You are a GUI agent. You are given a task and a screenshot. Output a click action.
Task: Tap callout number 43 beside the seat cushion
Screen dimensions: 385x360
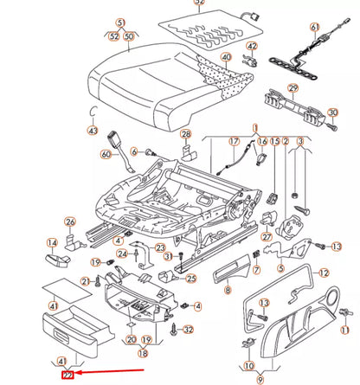tap(93, 130)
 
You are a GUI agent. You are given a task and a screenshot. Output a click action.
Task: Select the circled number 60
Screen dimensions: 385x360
tap(106, 155)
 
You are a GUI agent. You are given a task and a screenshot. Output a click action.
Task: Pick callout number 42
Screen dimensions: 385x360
tap(252, 46)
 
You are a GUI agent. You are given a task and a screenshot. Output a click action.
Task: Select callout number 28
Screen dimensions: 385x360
tap(185, 134)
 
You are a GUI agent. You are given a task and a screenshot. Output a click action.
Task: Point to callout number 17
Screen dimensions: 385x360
tap(233, 141)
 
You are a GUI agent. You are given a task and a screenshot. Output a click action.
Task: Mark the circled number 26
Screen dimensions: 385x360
tap(70, 221)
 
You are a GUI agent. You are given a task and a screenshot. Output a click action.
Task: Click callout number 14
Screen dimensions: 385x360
tap(52, 243)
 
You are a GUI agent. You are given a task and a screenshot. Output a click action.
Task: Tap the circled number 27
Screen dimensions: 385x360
tap(267, 236)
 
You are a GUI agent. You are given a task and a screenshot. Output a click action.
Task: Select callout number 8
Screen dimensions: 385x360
tap(228, 292)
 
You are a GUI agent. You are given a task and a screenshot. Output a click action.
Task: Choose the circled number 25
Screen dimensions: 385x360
tap(191, 278)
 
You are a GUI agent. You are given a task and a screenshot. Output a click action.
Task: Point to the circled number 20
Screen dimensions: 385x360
tap(131, 340)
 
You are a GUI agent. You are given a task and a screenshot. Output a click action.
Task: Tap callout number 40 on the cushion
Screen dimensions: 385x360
tap(227, 57)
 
